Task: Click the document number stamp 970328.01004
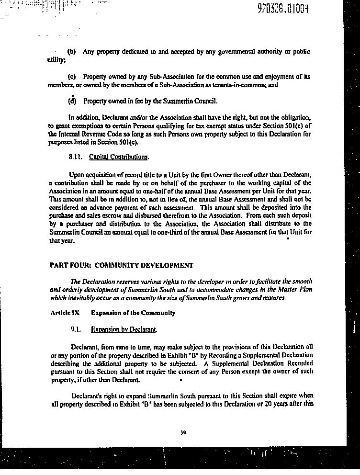coord(282,8)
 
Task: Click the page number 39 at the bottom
coord(183,432)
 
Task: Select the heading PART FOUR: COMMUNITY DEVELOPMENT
coord(122,265)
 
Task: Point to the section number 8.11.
coord(76,157)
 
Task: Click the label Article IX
coord(65,313)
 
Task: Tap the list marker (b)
coord(72,52)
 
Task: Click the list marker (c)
coord(72,77)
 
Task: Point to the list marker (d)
coord(72,101)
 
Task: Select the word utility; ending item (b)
coord(56,60)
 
